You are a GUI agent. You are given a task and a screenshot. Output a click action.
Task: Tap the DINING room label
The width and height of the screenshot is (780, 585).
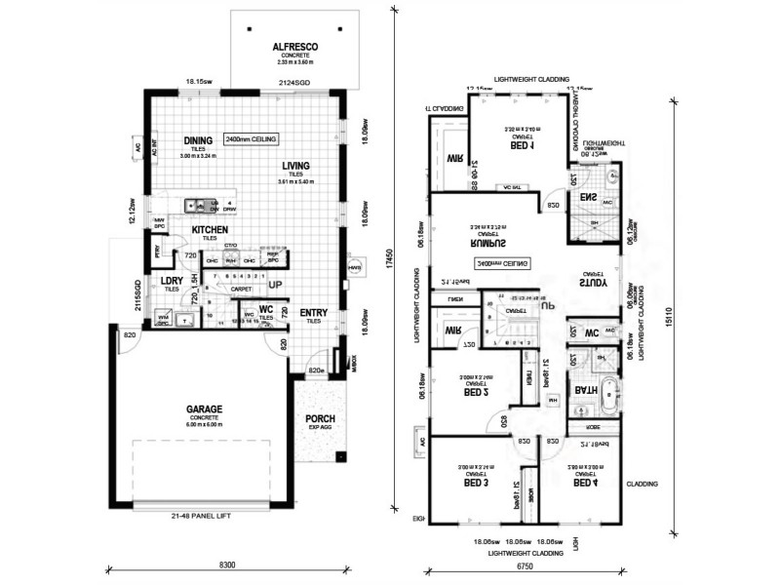point(198,139)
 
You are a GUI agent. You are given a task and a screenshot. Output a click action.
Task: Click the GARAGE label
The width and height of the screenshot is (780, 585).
point(199,409)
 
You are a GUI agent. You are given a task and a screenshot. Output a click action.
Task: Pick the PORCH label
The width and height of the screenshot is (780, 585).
point(321,418)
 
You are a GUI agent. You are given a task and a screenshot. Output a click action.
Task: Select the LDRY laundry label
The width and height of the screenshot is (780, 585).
point(172,280)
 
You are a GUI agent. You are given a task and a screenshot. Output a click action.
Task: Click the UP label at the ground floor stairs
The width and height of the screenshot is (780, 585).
point(275,285)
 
